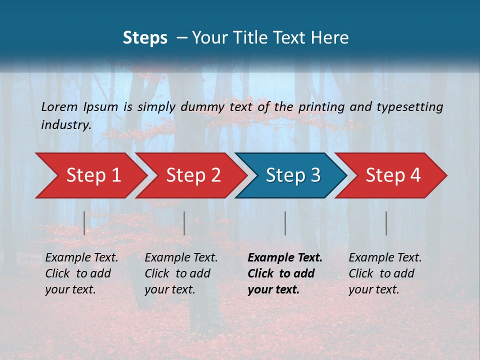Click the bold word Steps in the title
145,38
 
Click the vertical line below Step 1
84,223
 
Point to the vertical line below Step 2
184,223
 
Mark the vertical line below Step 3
285,223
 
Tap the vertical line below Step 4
386,223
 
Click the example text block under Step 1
81,273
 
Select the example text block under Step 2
181,273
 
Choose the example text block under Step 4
385,273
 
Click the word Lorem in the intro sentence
59,106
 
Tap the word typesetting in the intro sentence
413,106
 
